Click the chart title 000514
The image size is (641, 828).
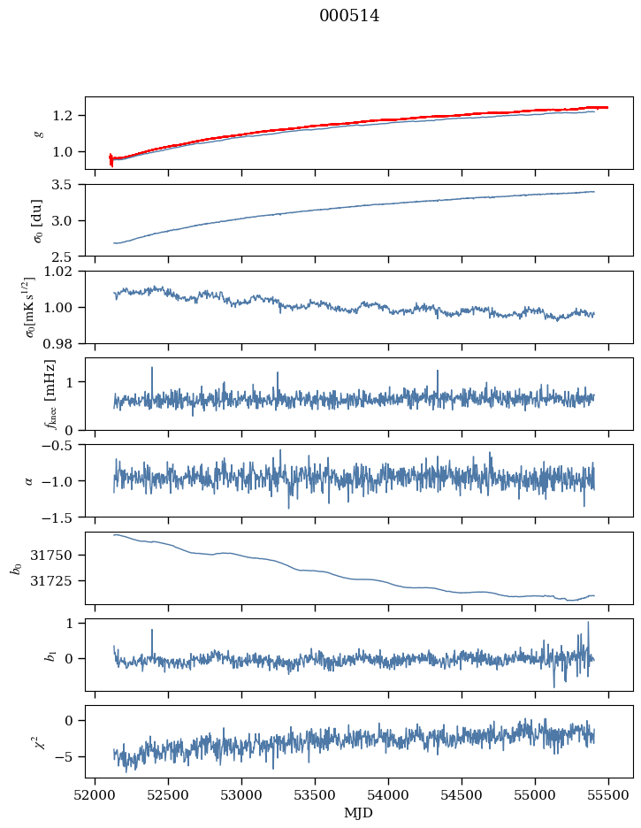[x=349, y=15]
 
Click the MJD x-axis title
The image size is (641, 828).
[x=359, y=812]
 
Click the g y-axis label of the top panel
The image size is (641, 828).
[x=38, y=133]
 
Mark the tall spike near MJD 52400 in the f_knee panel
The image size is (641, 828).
[x=152, y=369]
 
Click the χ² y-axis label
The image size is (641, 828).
[x=38, y=741]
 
